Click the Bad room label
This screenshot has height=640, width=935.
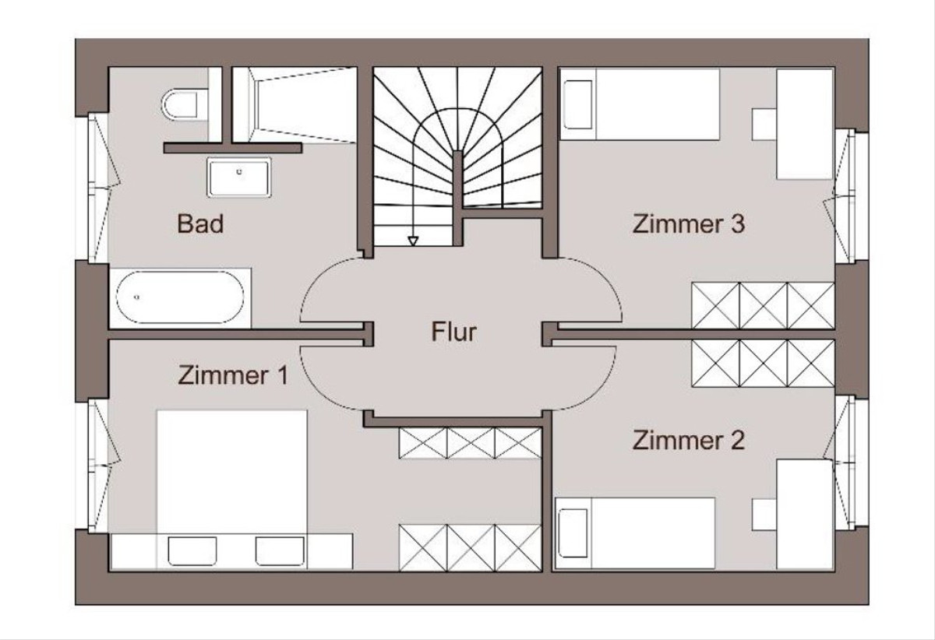click(x=200, y=224)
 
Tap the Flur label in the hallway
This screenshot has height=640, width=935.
click(x=453, y=332)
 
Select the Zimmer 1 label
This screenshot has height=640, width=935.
click(x=233, y=375)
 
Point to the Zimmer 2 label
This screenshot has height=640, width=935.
click(x=688, y=440)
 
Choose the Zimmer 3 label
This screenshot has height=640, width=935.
click(x=688, y=224)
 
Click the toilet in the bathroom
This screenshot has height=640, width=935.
click(x=185, y=104)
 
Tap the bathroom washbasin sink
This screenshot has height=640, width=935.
click(x=238, y=177)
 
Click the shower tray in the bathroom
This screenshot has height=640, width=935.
click(x=300, y=104)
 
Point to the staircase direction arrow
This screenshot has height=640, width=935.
click(x=413, y=240)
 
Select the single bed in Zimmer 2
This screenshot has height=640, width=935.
click(x=635, y=533)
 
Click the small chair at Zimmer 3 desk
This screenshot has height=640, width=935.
click(x=764, y=123)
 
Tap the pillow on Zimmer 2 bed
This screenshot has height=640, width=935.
click(x=573, y=533)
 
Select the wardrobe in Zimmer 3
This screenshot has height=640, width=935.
click(x=763, y=305)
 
